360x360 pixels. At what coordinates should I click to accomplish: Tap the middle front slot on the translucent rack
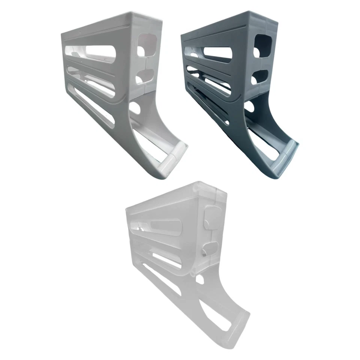[x=165, y=259]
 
